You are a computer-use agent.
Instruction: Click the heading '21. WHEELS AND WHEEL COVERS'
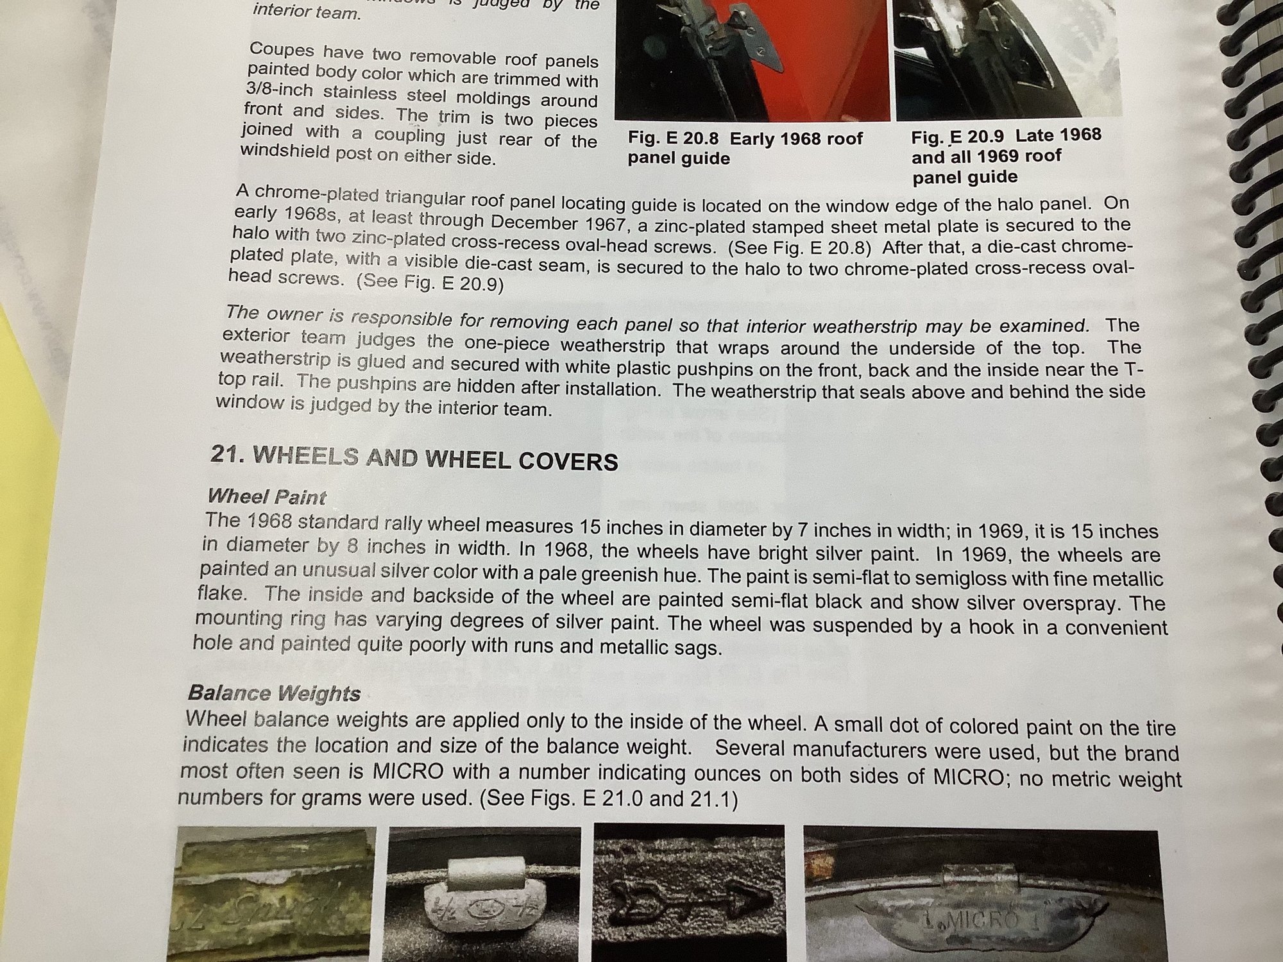tap(414, 458)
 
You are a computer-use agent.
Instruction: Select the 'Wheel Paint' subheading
tap(267, 497)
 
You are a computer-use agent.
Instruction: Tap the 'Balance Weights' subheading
tap(274, 693)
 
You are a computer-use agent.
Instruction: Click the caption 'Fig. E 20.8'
tap(675, 137)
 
